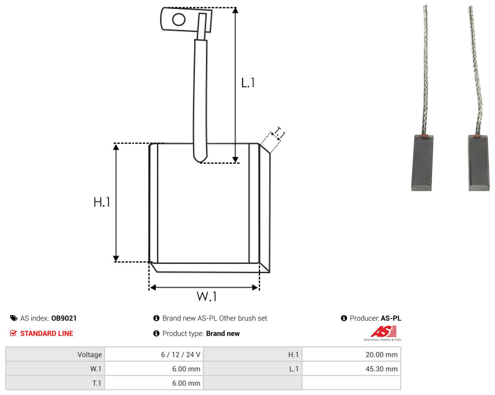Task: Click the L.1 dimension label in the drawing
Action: click(248, 83)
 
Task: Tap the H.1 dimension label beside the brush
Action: click(102, 202)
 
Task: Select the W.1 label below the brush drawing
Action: click(207, 297)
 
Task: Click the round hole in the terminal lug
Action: click(179, 20)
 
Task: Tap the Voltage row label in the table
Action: click(90, 355)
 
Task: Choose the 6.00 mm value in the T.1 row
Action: click(186, 383)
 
